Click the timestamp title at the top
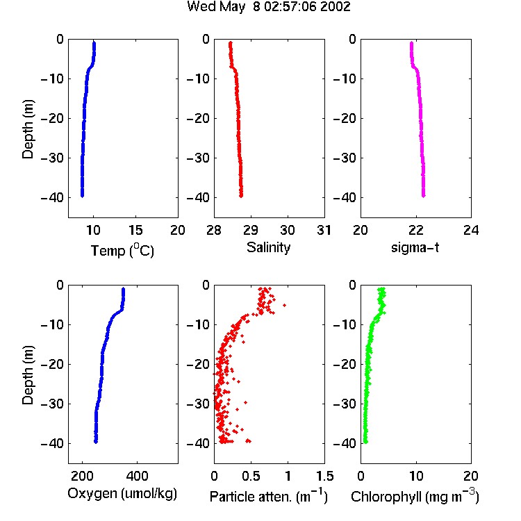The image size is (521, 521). point(268,6)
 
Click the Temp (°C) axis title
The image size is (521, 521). point(122,250)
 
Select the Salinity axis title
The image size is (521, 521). point(268,247)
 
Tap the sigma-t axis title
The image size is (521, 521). point(415,247)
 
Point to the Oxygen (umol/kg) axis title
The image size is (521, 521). point(122,493)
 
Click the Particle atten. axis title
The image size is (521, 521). point(269,496)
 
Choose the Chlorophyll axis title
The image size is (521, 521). point(415,496)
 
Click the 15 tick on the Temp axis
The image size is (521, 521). point(135,230)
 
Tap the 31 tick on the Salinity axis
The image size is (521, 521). point(324,230)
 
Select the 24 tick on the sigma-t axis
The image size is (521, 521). point(471,230)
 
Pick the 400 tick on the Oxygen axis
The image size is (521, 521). point(137,476)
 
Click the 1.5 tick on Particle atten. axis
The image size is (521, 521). point(324,476)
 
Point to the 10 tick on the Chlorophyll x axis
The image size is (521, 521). point(416,476)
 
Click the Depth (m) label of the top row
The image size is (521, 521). point(28,129)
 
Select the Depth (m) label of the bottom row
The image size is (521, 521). point(28,375)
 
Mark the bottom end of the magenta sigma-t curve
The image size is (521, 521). point(424,196)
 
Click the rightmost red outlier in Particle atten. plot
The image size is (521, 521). point(284,305)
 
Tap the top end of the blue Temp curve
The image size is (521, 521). point(94,42)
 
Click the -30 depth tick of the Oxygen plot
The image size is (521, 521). point(52,404)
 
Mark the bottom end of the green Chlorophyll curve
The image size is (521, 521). point(365,442)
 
